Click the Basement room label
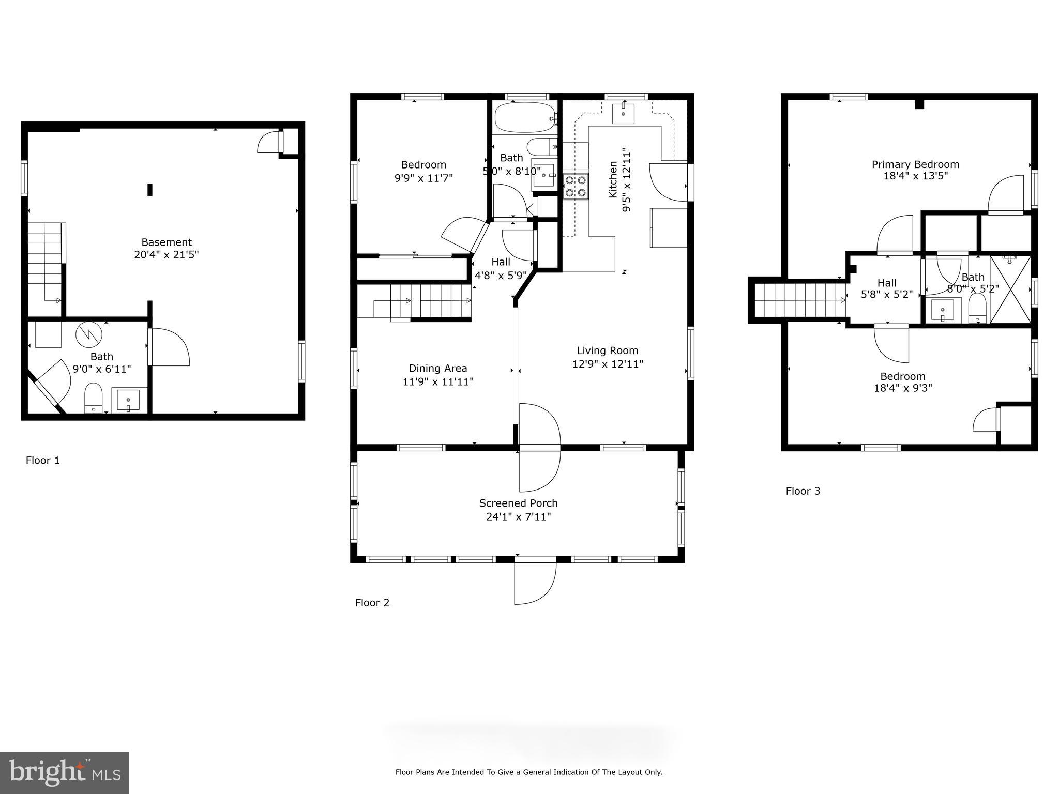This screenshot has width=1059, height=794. coord(167,242)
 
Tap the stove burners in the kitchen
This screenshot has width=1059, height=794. coord(576,187)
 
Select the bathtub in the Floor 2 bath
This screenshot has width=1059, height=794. coord(524,118)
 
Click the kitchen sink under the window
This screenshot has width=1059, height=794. coord(623,113)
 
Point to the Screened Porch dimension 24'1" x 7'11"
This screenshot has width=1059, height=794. coord(518,516)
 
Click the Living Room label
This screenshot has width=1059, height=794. coord(607,350)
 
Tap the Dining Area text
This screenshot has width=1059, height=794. coord(438,368)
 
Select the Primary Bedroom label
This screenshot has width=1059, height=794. coord(915,164)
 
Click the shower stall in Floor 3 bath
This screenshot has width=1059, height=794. coord(1010,289)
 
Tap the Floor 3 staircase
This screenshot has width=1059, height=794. coord(799,300)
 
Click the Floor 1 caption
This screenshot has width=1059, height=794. coord(43,461)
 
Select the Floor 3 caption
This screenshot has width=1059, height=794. coord(803,491)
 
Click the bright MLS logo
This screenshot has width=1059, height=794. coord(65,772)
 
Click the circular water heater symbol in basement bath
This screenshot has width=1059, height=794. coord(89,335)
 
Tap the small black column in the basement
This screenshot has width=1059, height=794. coord(150,190)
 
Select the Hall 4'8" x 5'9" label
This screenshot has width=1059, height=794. coord(500,269)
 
